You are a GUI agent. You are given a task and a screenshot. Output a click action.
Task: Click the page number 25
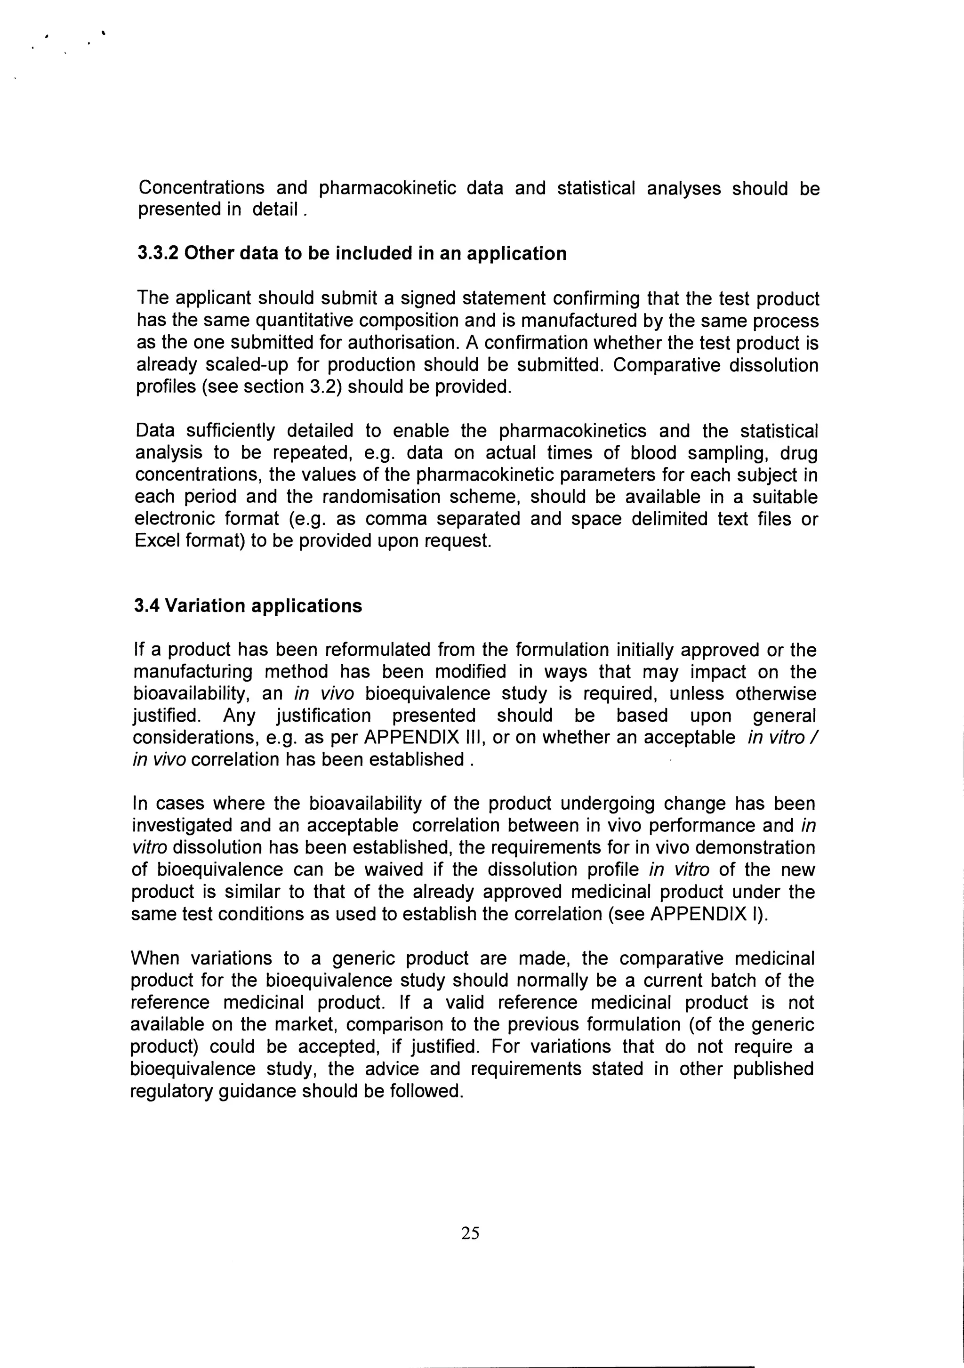(x=470, y=1233)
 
